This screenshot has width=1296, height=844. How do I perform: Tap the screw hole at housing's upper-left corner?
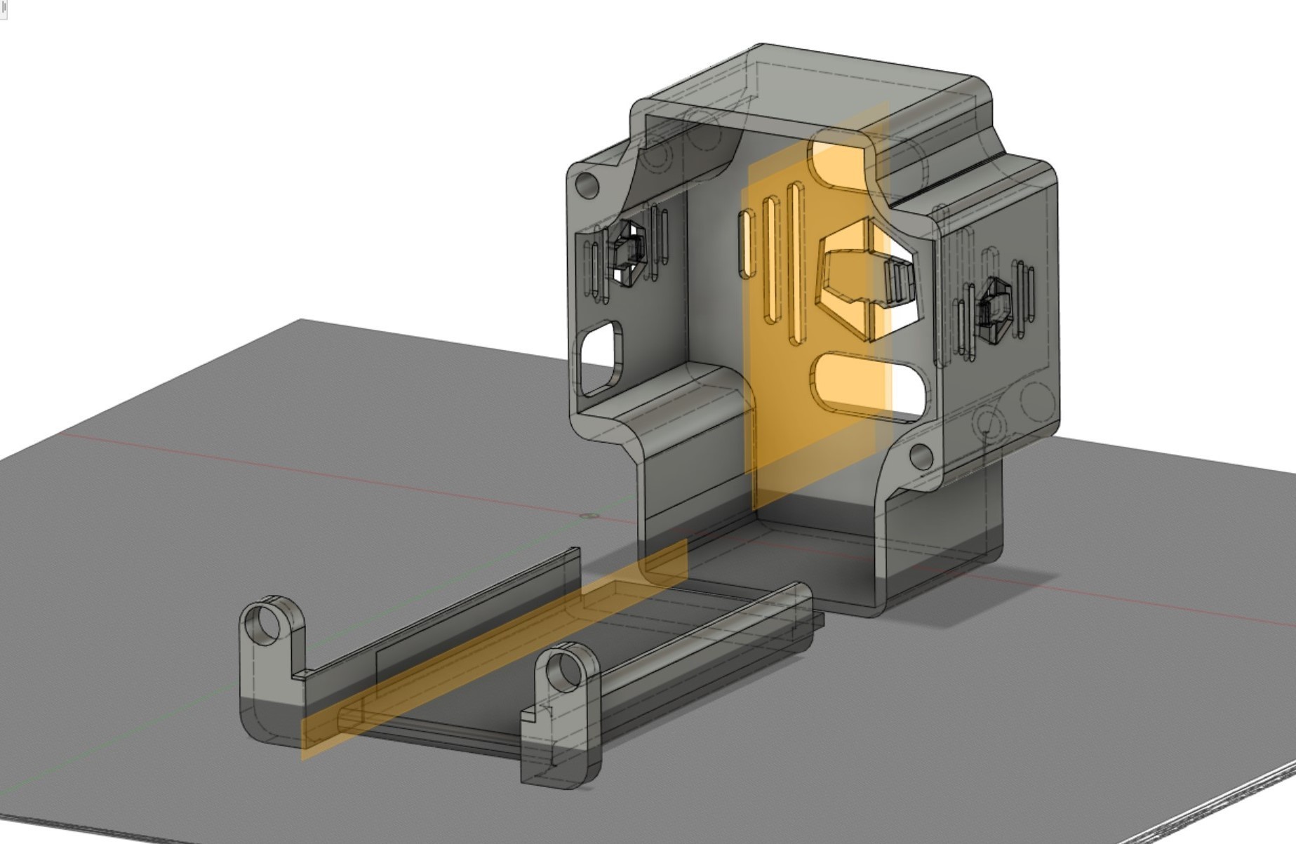[x=587, y=186]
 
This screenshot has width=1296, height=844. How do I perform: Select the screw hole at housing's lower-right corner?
[x=921, y=457]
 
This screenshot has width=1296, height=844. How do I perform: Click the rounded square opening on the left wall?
[x=601, y=358]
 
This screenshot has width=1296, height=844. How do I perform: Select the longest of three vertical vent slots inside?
[x=796, y=263]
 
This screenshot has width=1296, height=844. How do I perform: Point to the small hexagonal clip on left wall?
[x=627, y=253]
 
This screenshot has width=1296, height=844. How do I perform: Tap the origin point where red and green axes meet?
[x=588, y=516]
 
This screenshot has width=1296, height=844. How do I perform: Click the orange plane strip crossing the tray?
[x=491, y=652]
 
